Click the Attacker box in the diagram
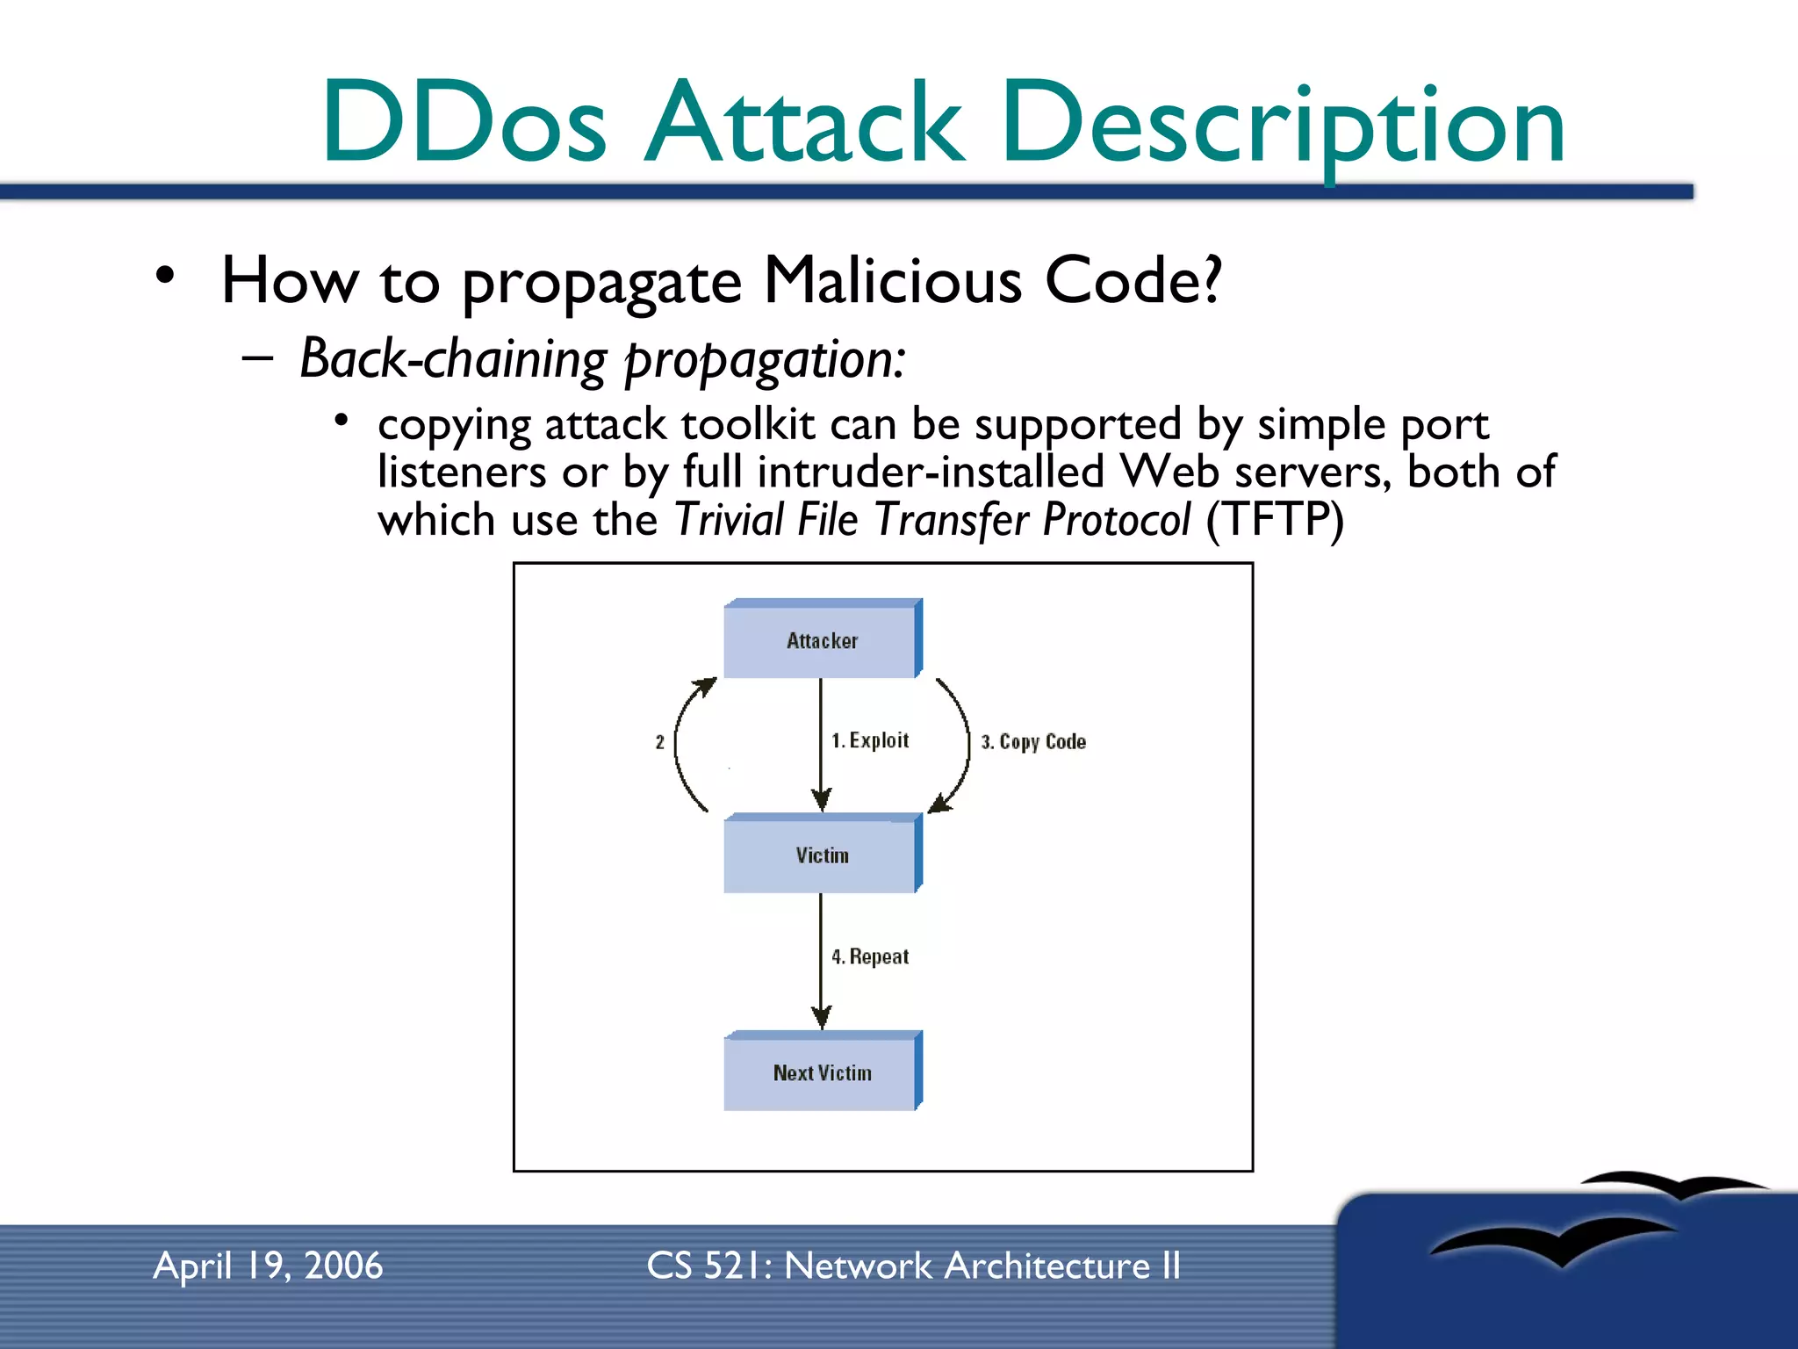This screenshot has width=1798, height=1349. (822, 640)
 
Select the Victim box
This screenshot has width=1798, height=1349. (822, 855)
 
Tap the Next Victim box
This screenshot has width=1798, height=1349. (822, 1072)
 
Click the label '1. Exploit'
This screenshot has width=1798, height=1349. (870, 740)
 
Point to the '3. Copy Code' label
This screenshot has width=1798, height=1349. (1033, 742)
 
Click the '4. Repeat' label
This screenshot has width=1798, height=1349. (870, 956)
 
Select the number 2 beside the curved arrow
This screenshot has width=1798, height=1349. (659, 742)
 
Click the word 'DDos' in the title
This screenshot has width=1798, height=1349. (464, 123)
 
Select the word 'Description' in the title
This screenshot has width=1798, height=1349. (1282, 123)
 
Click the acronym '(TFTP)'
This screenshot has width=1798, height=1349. (1275, 519)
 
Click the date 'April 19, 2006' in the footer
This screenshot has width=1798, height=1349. (268, 1266)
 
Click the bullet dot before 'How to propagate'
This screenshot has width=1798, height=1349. (164, 276)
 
